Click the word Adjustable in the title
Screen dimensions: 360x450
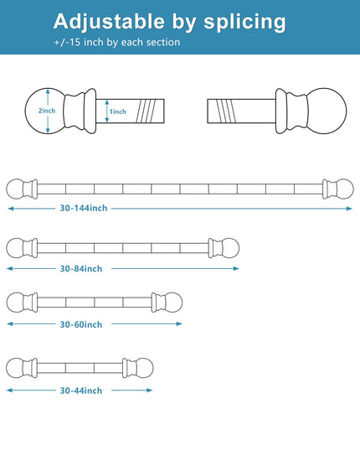pos(109,22)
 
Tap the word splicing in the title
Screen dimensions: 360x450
pos(244,23)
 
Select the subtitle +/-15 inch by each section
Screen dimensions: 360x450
pos(117,42)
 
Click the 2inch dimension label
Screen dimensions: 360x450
pos(47,111)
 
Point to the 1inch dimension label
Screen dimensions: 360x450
pos(117,111)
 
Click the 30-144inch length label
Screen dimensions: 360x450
pos(84,208)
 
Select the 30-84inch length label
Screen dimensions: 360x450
pos(81,269)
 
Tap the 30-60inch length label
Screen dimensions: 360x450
pos(81,324)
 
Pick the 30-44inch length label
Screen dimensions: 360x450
pos(81,391)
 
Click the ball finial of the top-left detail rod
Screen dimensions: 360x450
pos(44,111)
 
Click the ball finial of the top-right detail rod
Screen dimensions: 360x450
pos(327,111)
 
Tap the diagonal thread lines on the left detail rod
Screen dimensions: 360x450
pos(147,111)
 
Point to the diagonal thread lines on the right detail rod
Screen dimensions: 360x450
pos(226,111)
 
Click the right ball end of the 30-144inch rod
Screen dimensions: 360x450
pos(344,189)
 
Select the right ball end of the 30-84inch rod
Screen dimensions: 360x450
pos(230,248)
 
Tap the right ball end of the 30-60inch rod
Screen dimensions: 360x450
pos(173,303)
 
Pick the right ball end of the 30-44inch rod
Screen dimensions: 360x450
pos(144,368)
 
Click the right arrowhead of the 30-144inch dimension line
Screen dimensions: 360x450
pos(349,209)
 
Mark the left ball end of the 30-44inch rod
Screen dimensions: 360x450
pos(15,368)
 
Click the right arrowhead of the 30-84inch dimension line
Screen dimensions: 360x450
pos(236,269)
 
